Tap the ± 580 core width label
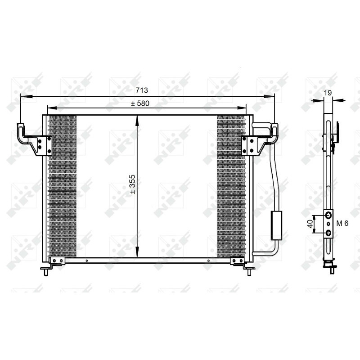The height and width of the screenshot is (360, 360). [x=140, y=103]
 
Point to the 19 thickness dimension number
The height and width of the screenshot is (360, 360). [x=328, y=93]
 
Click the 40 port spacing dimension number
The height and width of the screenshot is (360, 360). [x=310, y=224]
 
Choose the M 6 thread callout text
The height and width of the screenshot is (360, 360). [x=343, y=224]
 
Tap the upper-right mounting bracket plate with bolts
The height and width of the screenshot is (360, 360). [x=249, y=145]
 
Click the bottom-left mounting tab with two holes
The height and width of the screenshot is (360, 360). [x=57, y=261]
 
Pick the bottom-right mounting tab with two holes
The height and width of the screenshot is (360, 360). [x=237, y=261]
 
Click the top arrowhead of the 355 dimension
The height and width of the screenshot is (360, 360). [x=137, y=118]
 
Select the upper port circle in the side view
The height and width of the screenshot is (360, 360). [x=329, y=216]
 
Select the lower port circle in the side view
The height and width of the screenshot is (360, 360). [x=329, y=232]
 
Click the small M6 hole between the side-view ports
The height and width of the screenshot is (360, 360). [x=329, y=224]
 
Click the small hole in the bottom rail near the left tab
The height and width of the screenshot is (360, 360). [x=85, y=260]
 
